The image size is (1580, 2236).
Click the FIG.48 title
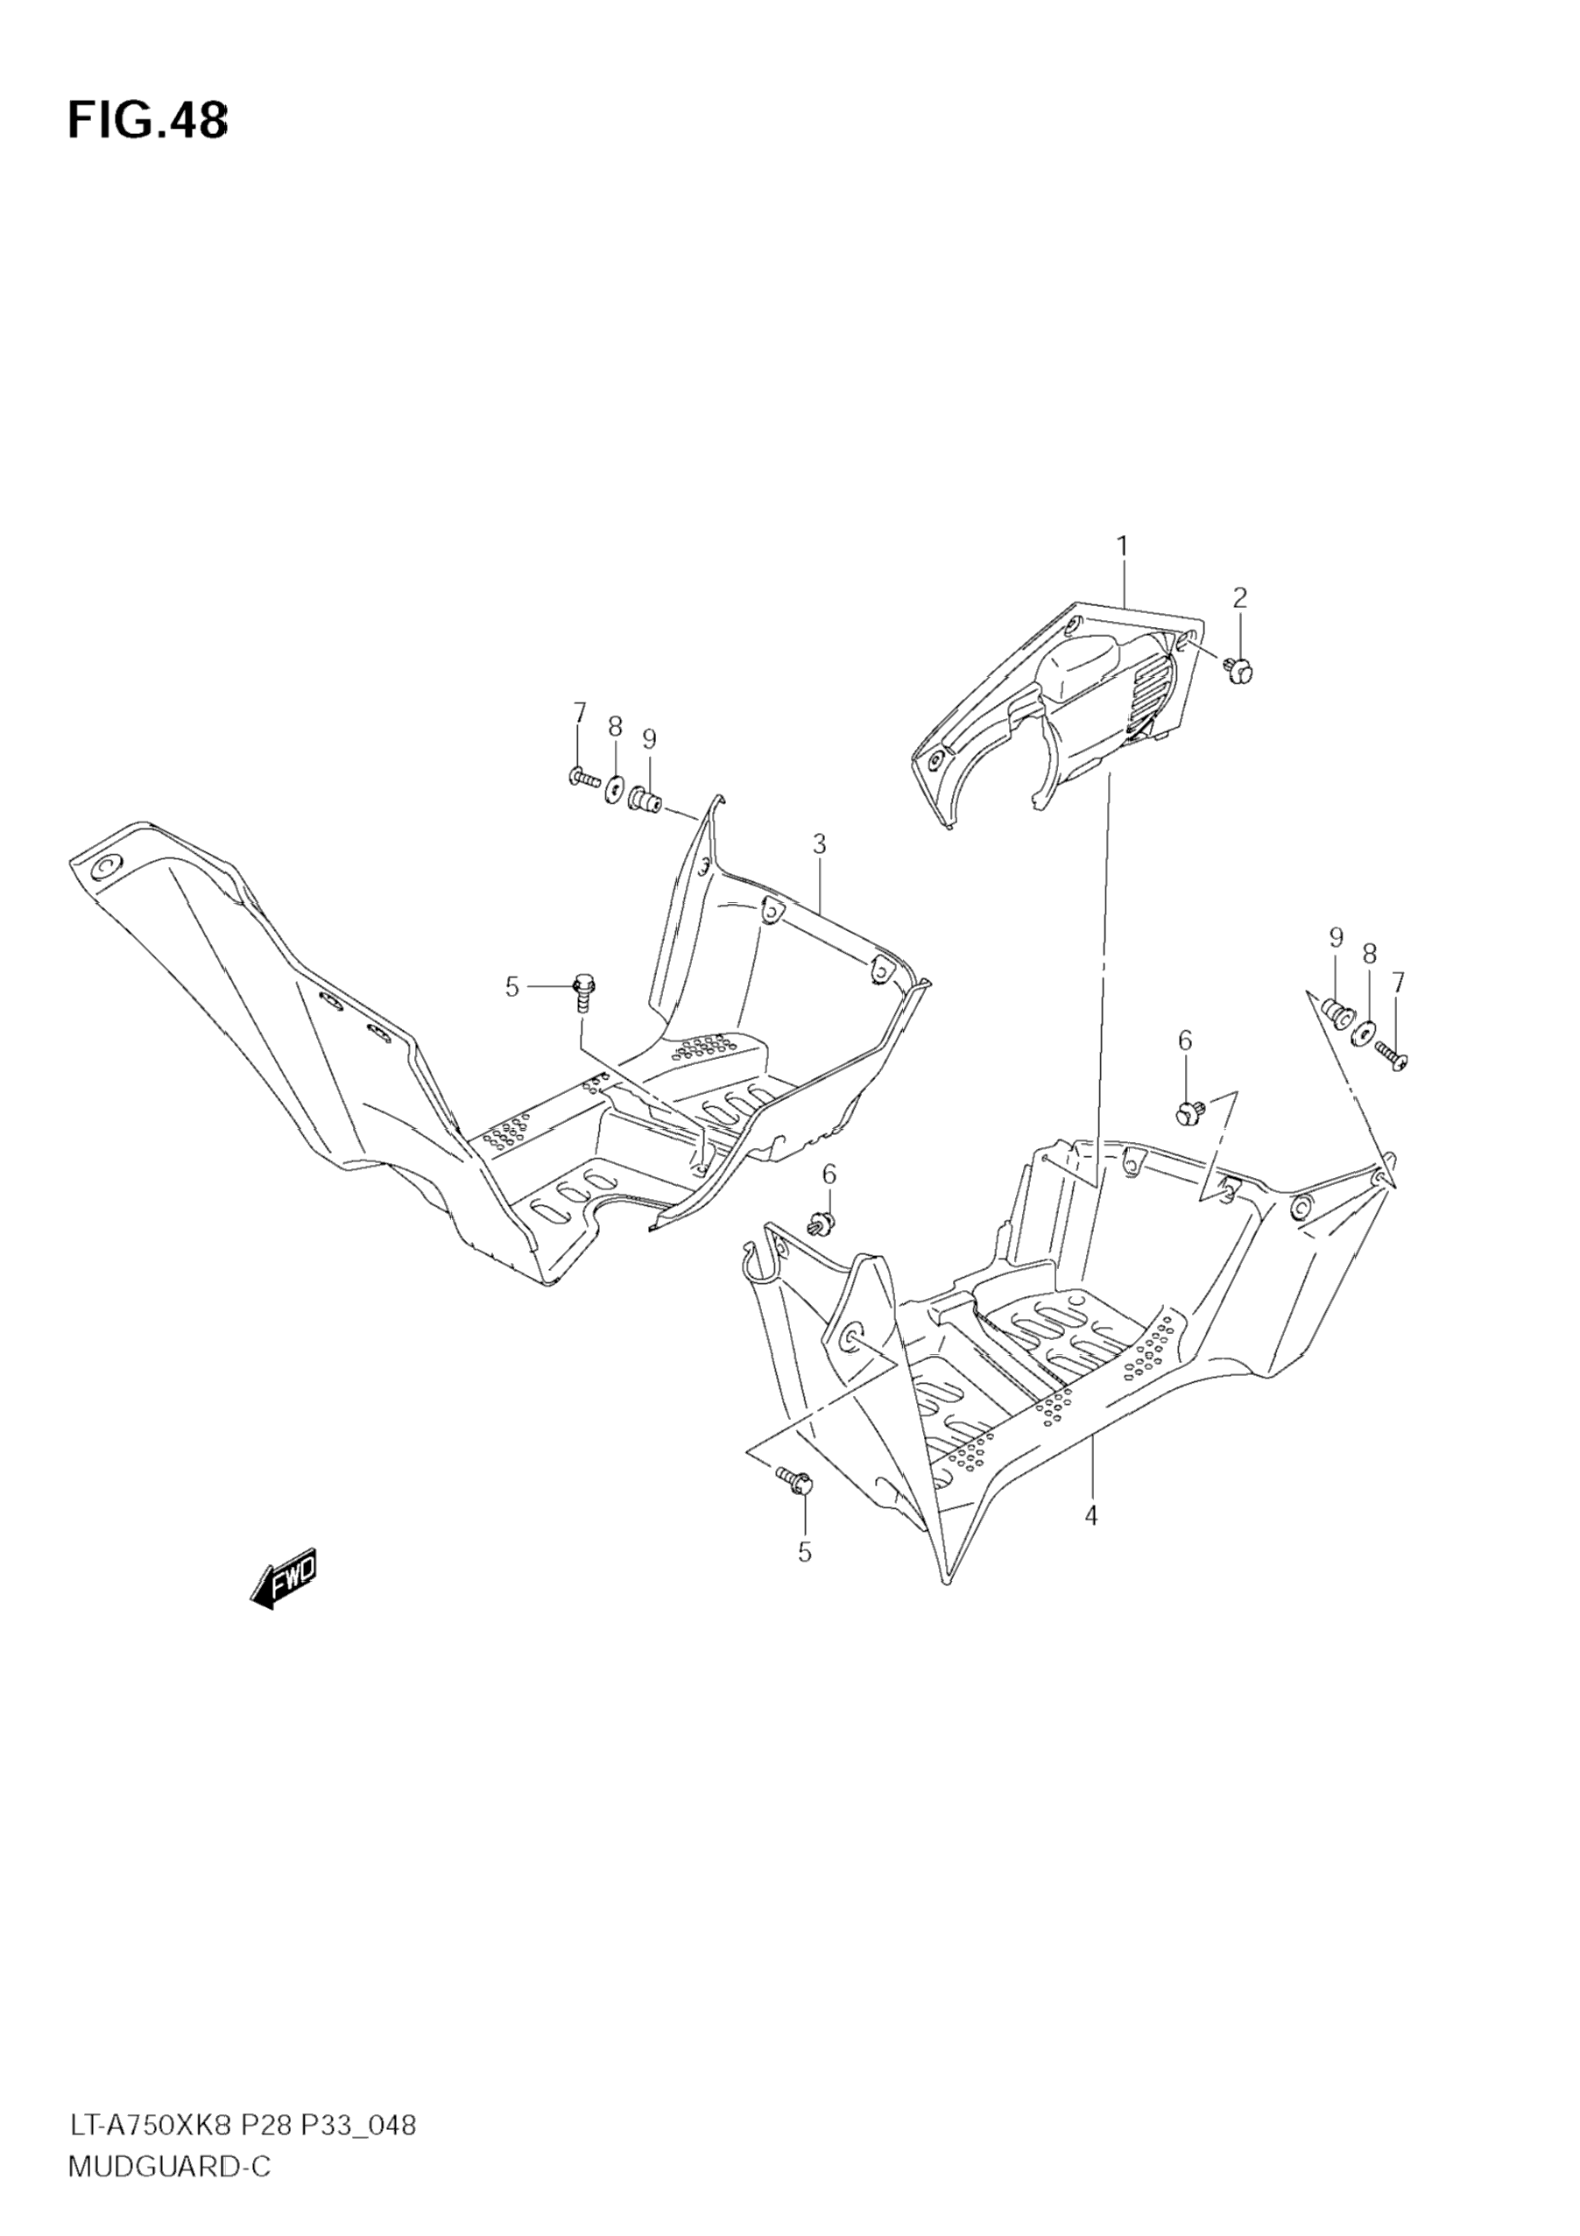coord(147,122)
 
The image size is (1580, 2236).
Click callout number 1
coord(1121,547)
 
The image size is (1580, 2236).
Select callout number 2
coord(1239,598)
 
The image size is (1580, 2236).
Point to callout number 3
coord(818,844)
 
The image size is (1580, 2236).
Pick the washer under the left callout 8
coord(615,786)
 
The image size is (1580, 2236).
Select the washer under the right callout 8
coord(1365,1030)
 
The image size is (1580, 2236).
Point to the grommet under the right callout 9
coord(1337,1012)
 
